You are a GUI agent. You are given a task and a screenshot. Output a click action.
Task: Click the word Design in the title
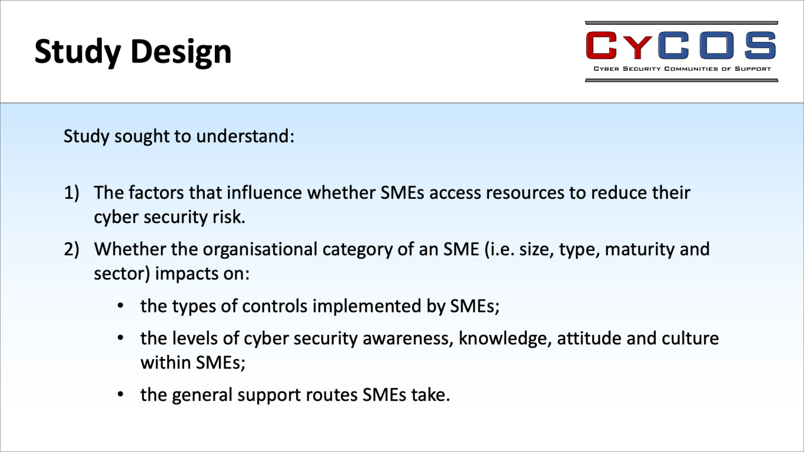pos(181,52)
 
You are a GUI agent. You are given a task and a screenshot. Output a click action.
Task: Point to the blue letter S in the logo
pos(760,45)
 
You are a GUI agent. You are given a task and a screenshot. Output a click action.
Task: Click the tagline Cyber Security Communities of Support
pos(682,69)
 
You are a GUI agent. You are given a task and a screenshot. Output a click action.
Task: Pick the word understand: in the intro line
pos(245,136)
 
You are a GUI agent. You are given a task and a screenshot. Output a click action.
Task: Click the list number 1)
pos(71,193)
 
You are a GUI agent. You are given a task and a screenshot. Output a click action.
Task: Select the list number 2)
pos(71,250)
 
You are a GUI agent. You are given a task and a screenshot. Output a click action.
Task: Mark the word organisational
pos(260,250)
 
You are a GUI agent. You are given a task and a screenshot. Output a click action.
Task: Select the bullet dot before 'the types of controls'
pos(121,306)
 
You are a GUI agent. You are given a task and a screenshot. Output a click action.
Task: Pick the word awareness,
pos(408,339)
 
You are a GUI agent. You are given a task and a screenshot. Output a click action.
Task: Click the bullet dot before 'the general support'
pos(121,395)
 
